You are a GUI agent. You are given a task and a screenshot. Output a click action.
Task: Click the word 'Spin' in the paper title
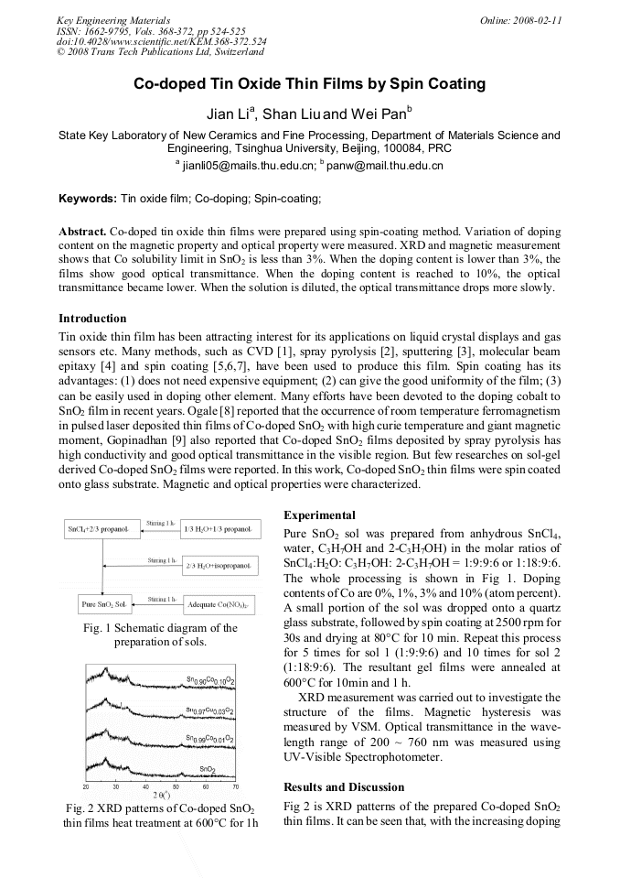point(409,84)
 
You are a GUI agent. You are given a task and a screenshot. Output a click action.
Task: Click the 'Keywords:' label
point(87,198)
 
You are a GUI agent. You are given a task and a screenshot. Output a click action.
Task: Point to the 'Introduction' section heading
point(92,319)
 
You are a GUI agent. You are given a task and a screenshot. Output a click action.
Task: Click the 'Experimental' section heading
point(319,515)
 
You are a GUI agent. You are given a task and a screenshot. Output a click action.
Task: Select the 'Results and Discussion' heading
point(344,786)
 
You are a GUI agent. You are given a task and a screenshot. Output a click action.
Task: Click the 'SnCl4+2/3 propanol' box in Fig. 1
point(98,530)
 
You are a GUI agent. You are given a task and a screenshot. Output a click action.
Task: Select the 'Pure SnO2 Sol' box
point(102,604)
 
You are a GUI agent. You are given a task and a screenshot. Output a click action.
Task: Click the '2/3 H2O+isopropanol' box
point(219,567)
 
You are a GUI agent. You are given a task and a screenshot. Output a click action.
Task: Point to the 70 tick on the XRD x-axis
point(235,786)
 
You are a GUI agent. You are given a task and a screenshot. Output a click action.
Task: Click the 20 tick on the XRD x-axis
point(86,786)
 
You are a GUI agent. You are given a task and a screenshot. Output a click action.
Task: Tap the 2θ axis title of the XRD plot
point(161,795)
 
